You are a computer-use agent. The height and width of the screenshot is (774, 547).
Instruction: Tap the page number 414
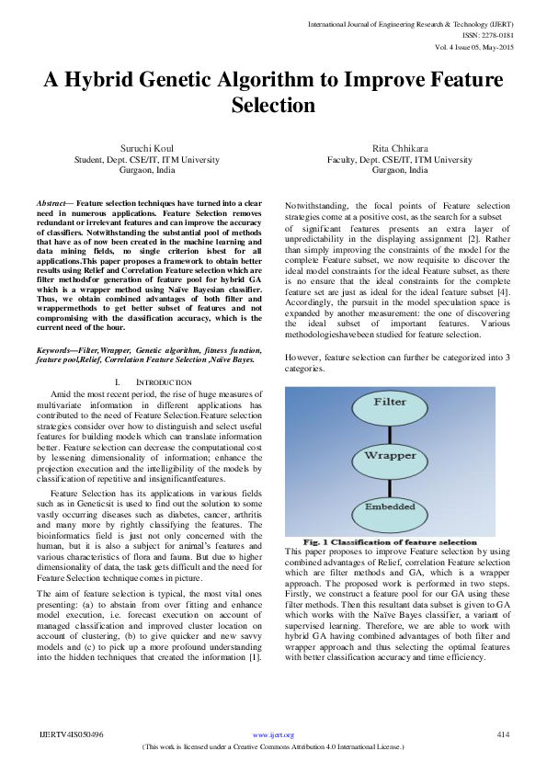tap(502, 734)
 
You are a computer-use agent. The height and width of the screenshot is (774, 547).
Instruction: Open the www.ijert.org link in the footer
tap(273, 735)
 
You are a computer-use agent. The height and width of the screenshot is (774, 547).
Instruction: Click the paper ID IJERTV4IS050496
tap(72, 734)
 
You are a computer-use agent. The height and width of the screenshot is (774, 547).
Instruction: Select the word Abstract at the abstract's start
tap(51, 201)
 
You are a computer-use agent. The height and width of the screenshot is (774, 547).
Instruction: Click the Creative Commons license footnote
tap(273, 747)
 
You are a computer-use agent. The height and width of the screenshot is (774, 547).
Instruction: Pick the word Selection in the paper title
tap(273, 106)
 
